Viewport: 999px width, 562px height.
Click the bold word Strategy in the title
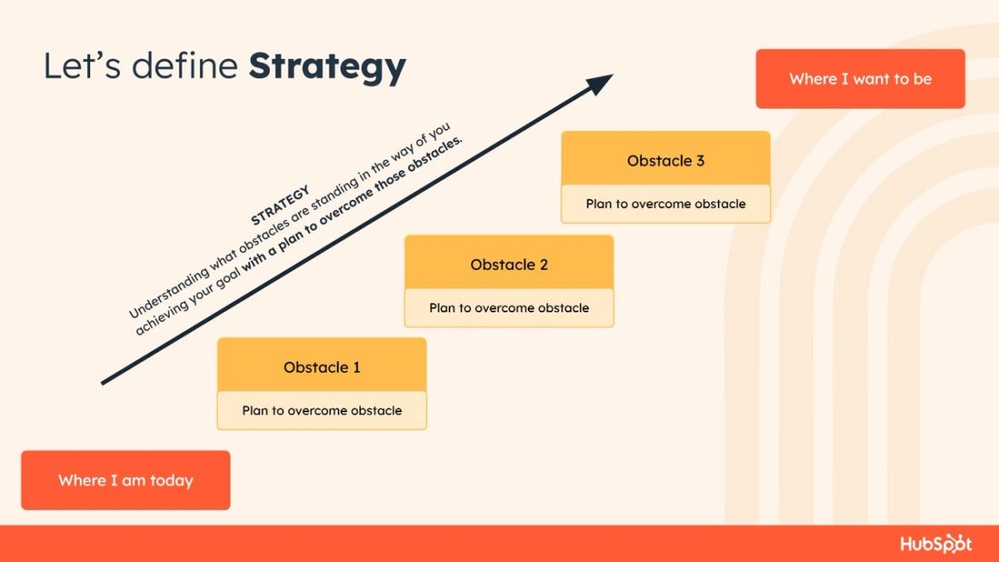click(x=327, y=67)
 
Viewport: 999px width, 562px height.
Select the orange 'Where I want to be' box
click(x=860, y=79)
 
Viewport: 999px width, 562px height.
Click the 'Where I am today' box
click(x=125, y=480)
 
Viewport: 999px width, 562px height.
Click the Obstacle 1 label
click(x=321, y=368)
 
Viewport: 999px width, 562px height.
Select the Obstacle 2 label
click(x=509, y=265)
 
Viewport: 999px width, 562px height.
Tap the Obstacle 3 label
click(x=666, y=161)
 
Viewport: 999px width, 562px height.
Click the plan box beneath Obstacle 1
click(x=321, y=410)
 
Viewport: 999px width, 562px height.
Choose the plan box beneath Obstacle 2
click(x=509, y=308)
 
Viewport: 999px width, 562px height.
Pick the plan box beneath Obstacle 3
click(x=666, y=203)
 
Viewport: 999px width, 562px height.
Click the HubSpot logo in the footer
click(x=935, y=544)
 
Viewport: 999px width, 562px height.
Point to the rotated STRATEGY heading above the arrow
click(x=281, y=205)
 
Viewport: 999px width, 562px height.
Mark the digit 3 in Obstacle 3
click(x=700, y=161)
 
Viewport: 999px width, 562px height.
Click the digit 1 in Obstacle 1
click(x=356, y=368)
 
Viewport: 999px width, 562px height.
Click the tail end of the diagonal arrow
click(x=104, y=383)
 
